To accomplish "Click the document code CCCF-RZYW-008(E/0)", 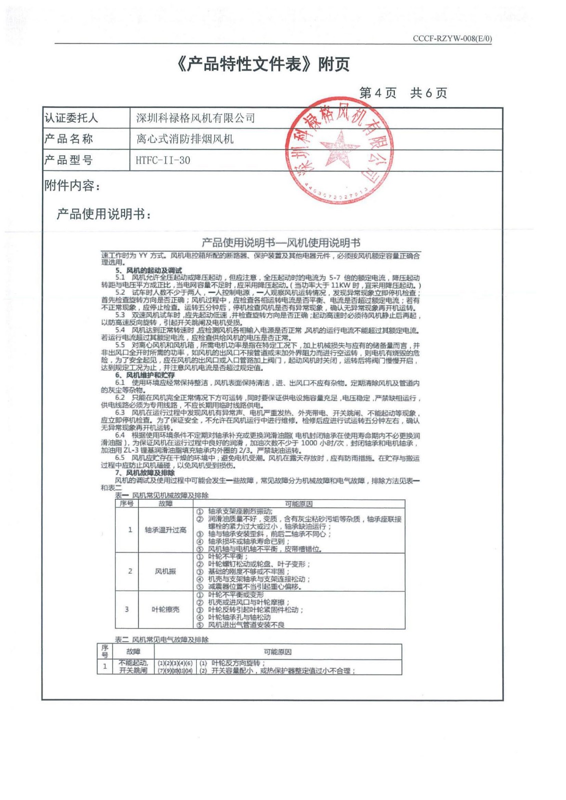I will [452, 38].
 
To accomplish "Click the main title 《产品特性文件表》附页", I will [263, 64].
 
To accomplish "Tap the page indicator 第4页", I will [378, 93].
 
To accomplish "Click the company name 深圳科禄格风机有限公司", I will [196, 118].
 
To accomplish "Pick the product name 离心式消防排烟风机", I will [185, 139].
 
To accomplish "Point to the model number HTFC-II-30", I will [163, 160].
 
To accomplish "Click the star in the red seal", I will [340, 148].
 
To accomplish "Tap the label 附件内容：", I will [73, 186].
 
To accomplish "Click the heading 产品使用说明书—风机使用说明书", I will [281, 243].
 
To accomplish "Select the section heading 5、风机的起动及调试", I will [149, 270].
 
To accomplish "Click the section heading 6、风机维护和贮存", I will [145, 375].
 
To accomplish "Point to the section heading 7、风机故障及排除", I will [145, 472].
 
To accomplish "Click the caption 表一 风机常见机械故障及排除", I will [162, 495].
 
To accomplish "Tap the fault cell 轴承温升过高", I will [166, 530].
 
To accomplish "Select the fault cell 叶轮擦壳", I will [166, 609].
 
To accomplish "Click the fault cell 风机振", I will [166, 571].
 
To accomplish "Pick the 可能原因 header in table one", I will [299, 503].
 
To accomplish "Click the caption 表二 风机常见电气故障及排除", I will [162, 639].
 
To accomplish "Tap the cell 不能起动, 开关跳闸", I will [133, 666].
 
